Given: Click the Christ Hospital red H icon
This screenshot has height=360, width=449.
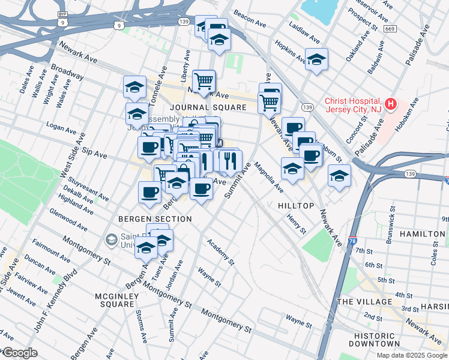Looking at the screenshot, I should point(391,104).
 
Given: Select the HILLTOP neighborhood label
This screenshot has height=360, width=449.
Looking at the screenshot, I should point(296,206).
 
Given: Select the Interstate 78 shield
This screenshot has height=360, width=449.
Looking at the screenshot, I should point(352,241).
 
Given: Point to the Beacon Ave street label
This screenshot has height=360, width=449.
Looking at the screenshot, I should point(250,14).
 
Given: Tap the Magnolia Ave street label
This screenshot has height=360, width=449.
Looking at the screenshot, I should point(268,177).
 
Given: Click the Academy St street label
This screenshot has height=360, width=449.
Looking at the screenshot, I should point(220,251).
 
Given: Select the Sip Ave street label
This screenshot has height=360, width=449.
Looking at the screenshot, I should point(94,152).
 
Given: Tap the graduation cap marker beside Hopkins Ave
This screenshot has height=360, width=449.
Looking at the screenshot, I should point(316,59).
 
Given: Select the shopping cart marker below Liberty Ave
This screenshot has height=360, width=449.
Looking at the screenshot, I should point(204,79).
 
